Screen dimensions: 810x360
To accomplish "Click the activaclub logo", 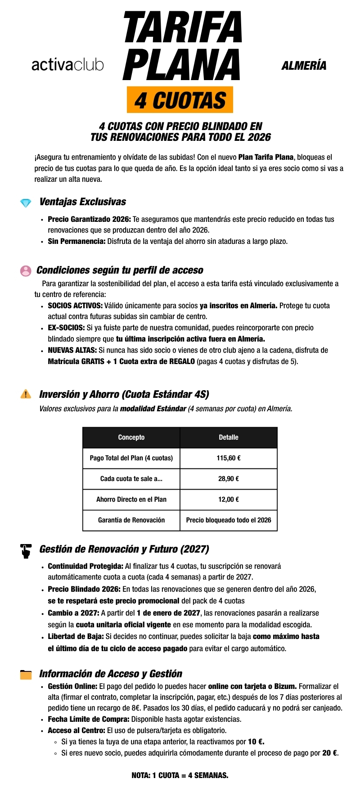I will point(67,65).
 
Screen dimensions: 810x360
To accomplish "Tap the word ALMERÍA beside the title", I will point(304,66).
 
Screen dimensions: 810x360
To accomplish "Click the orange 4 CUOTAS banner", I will point(180,100).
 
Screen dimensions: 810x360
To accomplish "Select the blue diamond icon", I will point(26,203).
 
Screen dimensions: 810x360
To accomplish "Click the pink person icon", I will point(26,270).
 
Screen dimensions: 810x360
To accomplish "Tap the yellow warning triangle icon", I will point(26,394).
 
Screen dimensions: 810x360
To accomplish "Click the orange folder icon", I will point(26,675).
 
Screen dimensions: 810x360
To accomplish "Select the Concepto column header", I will point(131,437).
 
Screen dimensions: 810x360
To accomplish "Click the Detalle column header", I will point(229,437).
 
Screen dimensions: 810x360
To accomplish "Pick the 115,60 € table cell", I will point(229,458).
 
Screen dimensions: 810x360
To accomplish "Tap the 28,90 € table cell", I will point(229,479).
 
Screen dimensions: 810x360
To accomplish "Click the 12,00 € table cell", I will point(229,499).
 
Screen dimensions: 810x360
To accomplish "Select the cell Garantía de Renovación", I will point(131,520).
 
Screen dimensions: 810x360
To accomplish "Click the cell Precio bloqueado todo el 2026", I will point(229,520).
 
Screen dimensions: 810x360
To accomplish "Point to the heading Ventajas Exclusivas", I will point(82,202).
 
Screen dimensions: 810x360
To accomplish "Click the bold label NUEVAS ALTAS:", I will point(72,350).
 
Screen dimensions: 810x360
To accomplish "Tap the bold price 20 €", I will point(330,753).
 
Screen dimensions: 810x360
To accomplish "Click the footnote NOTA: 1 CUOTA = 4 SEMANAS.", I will point(180,775).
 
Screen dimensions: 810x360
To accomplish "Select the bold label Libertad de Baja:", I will point(76,636).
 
